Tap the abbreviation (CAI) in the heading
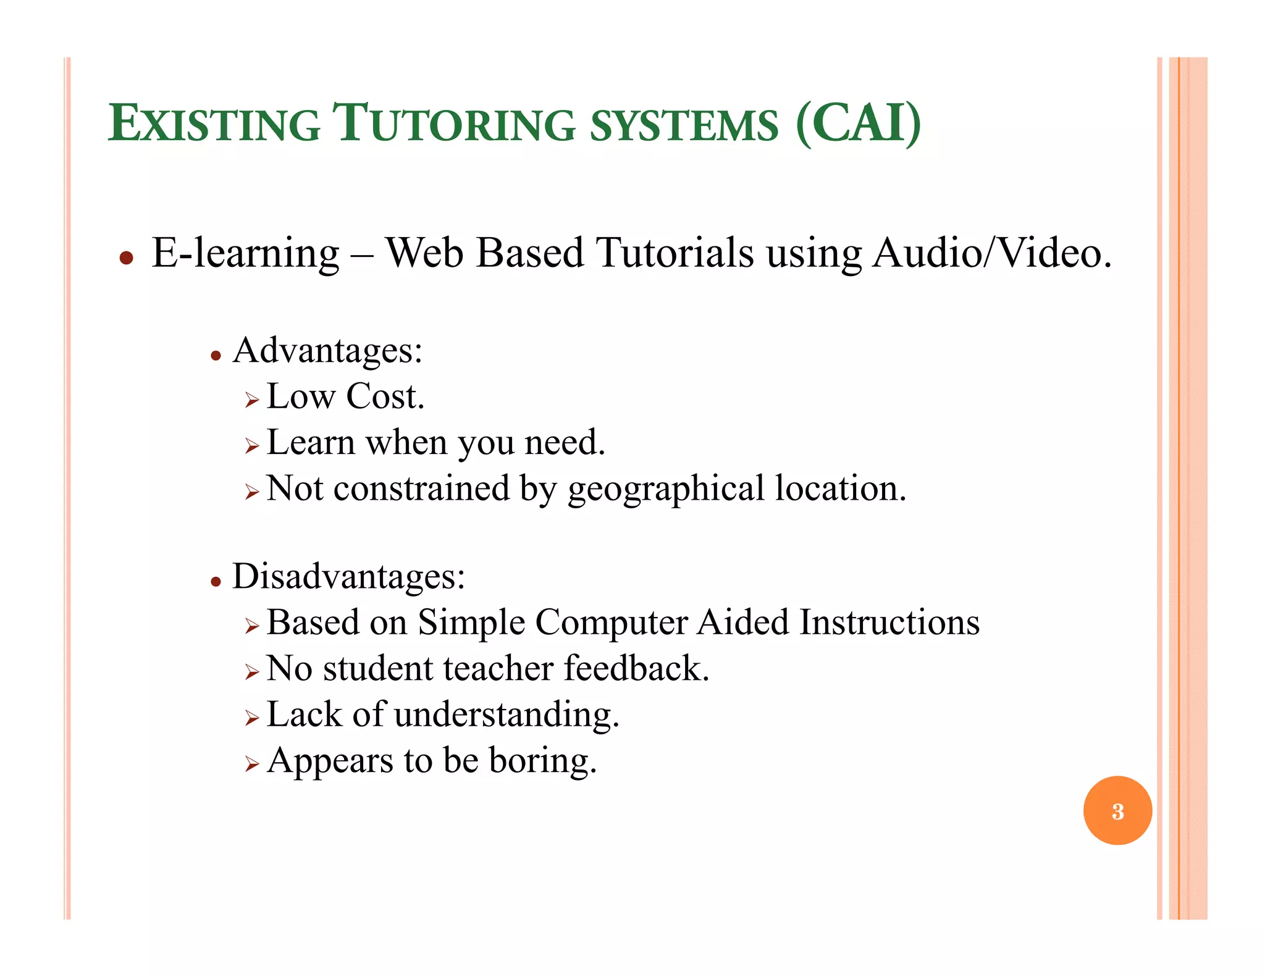[x=859, y=124]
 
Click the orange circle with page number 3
[x=1117, y=810]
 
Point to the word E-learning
[x=245, y=253]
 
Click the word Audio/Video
[x=991, y=253]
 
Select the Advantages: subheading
[x=327, y=351]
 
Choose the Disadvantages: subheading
[x=348, y=576]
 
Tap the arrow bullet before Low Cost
[x=251, y=401]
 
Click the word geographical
[x=666, y=489]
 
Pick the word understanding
[x=506, y=715]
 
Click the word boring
[x=542, y=761]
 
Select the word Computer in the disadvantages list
[x=611, y=623]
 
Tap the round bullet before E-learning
[x=127, y=258]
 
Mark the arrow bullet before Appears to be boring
[x=251, y=765]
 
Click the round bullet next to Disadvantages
[x=216, y=581]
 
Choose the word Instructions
[x=889, y=622]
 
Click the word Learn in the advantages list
[x=310, y=443]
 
